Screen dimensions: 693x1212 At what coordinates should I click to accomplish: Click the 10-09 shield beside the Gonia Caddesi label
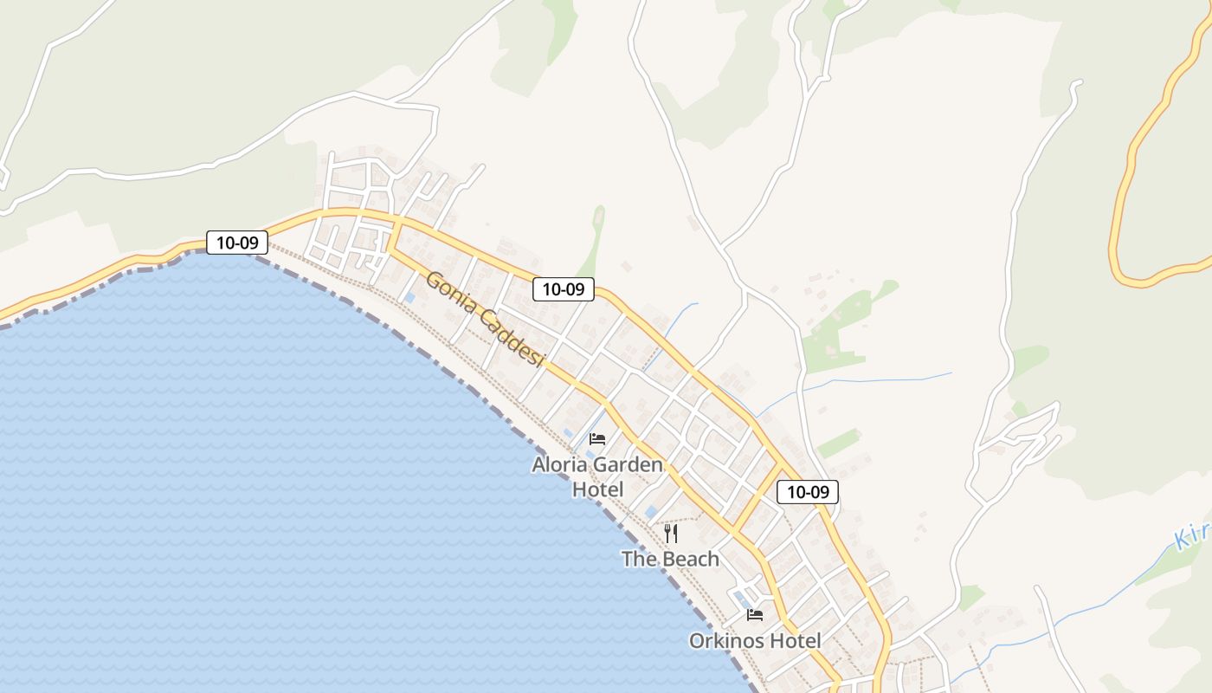pos(563,288)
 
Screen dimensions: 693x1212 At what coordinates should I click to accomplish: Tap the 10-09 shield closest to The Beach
pos(808,492)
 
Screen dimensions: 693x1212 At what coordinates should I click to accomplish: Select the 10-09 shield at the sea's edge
pos(236,243)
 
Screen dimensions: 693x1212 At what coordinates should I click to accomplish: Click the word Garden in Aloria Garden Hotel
pos(630,465)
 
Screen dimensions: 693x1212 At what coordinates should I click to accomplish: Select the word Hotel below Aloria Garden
pos(597,489)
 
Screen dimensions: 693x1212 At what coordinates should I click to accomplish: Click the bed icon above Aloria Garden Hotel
pos(597,439)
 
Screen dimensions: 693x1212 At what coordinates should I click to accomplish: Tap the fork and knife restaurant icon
pos(671,533)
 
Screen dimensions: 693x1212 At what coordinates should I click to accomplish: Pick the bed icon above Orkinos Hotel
pos(755,615)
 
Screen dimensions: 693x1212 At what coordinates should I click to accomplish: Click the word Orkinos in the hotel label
pos(725,641)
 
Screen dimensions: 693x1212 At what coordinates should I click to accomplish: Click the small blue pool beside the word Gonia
pos(410,298)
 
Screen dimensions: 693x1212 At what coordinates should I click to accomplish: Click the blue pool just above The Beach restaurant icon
pos(651,512)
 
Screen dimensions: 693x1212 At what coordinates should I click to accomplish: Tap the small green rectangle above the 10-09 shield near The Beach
pos(838,444)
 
